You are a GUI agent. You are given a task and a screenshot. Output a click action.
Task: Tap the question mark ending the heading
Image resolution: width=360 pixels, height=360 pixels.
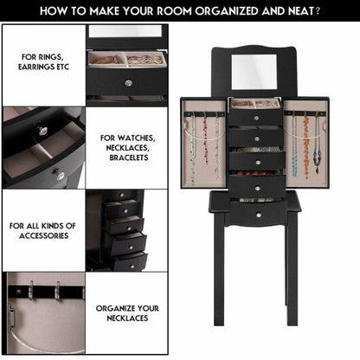(x=318, y=12)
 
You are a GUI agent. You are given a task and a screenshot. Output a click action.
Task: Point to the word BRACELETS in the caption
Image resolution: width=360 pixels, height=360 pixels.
(x=129, y=160)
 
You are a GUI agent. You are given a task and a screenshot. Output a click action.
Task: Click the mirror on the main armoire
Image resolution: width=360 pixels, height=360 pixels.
(x=254, y=72)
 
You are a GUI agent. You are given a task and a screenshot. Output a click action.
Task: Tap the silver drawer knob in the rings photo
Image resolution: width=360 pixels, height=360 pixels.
(x=127, y=83)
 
